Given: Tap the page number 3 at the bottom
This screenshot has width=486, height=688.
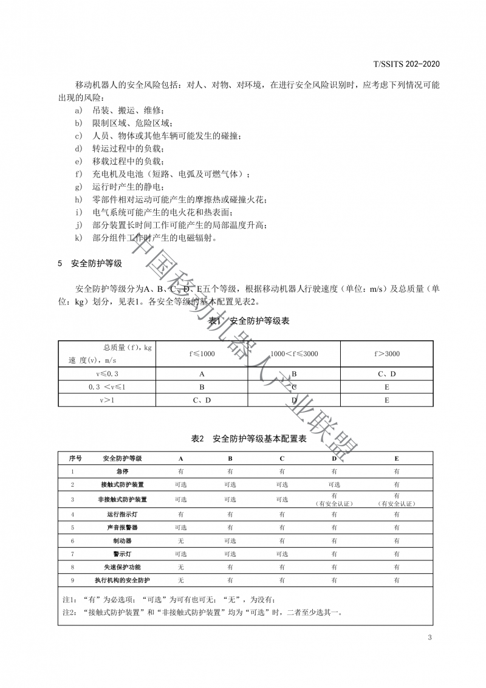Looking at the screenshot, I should [x=430, y=638].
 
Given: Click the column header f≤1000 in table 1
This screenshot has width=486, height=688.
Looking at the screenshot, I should [x=201, y=354].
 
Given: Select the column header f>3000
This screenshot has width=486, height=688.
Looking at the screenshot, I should [x=386, y=354].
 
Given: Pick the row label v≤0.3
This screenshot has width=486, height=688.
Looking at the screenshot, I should [x=106, y=374].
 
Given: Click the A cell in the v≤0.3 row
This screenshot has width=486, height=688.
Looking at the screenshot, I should [x=201, y=374].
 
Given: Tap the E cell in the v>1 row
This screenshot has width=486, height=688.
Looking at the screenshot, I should [x=386, y=401].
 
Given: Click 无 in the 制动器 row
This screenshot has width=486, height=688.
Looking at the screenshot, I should [x=180, y=540].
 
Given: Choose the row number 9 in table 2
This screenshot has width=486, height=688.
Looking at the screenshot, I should [x=72, y=580].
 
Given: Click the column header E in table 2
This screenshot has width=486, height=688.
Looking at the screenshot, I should [x=397, y=458].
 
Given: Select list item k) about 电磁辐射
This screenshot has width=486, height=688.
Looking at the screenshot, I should [x=146, y=238].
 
